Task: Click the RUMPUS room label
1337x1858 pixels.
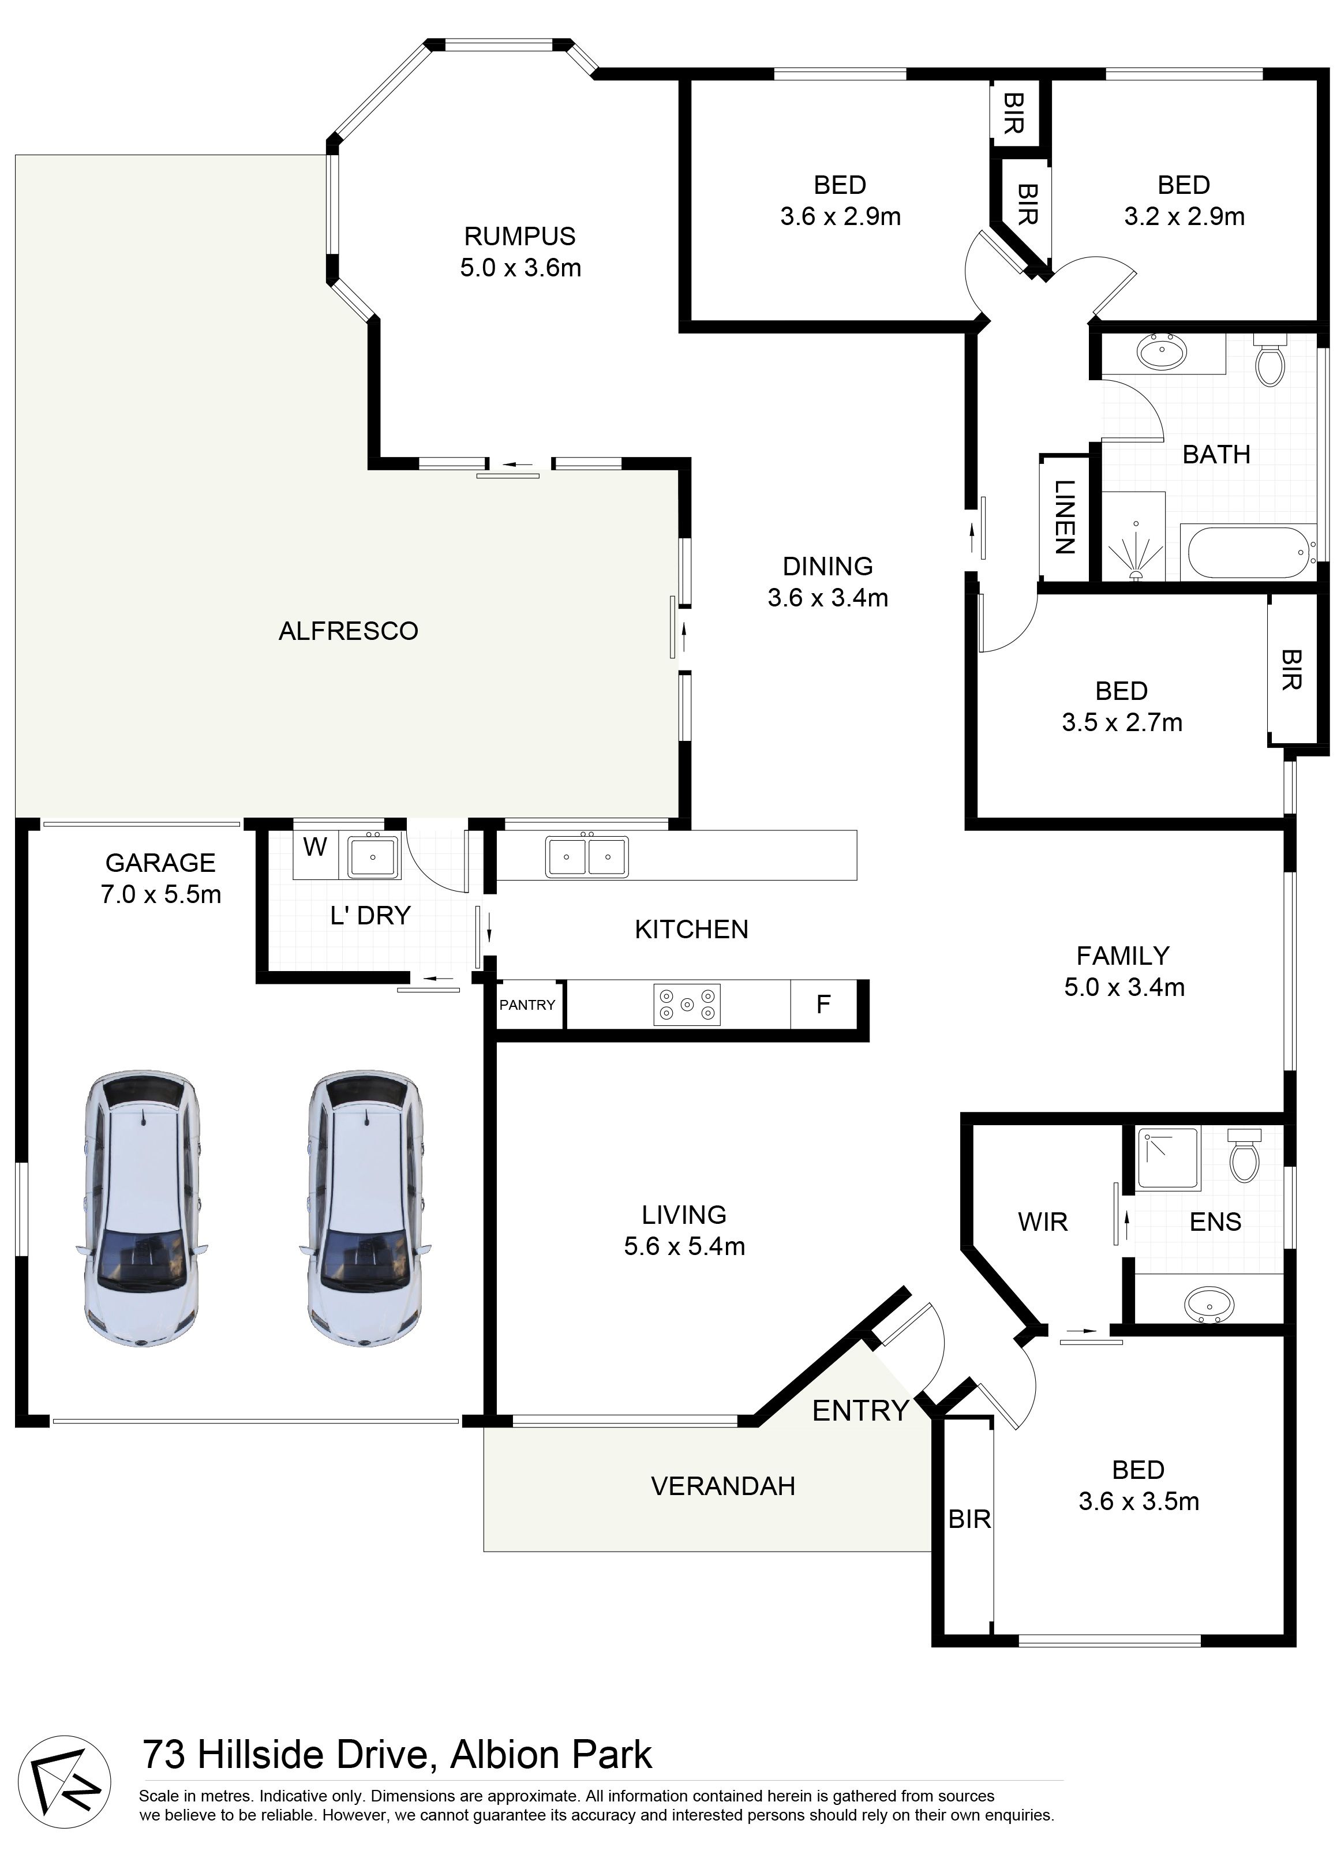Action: coord(519,237)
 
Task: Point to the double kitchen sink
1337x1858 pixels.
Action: coord(587,857)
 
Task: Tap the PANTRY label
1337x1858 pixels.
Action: coord(527,1005)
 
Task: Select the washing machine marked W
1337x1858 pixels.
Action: coord(316,848)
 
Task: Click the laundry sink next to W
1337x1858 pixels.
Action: coord(373,856)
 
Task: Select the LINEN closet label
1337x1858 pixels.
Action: coord(1063,517)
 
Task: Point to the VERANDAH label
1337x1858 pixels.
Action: coord(722,1486)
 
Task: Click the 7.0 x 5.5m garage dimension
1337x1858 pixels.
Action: coord(160,894)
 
